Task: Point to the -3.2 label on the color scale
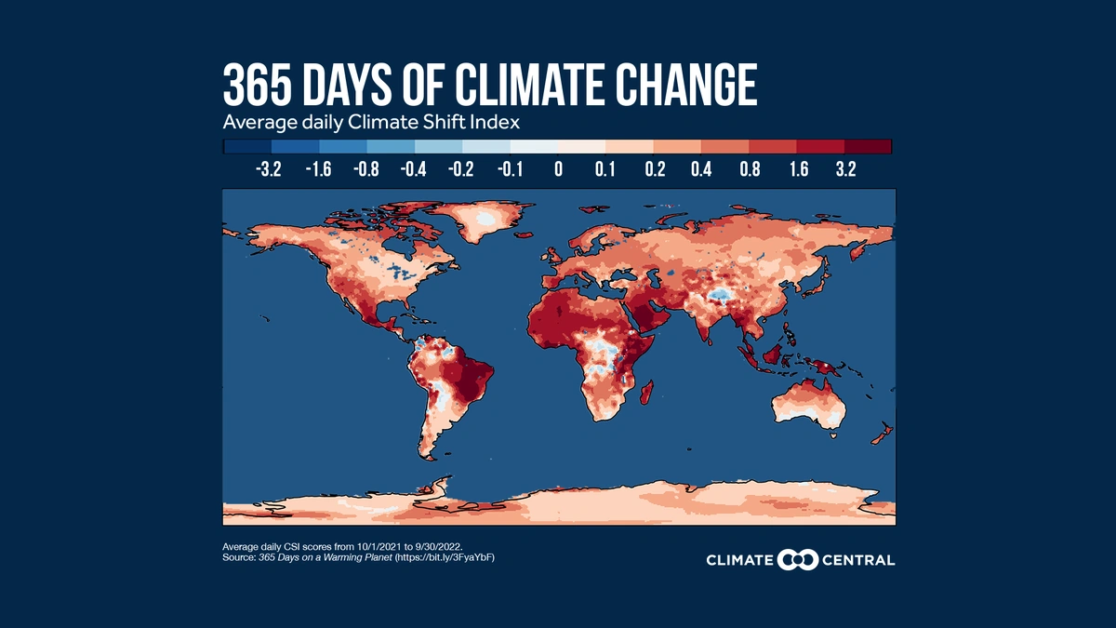pos(271,169)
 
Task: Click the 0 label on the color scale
pos(558,169)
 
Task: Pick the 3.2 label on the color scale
pos(846,169)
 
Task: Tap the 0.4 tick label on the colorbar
pos(702,169)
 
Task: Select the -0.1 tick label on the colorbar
pos(509,169)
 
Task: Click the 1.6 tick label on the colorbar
pos(798,169)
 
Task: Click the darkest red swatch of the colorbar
pos(869,146)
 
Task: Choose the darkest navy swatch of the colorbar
pos(246,146)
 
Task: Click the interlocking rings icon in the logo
pos(797,559)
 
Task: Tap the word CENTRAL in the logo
pos(859,560)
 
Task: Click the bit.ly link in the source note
pos(441,556)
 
